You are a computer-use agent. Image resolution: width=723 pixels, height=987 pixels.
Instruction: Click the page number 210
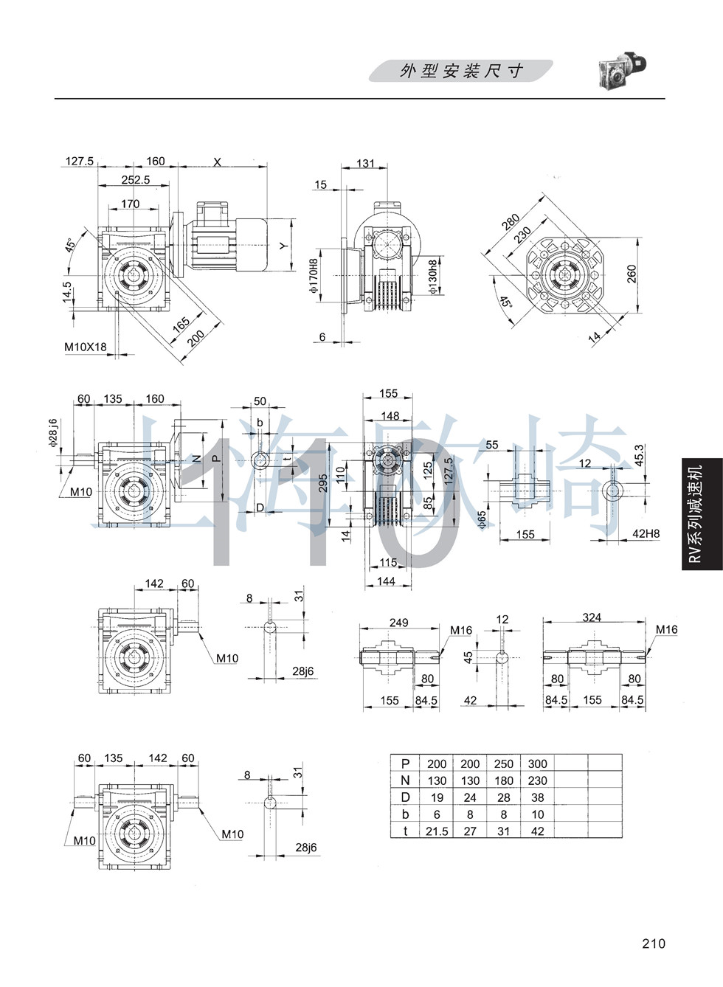(653, 943)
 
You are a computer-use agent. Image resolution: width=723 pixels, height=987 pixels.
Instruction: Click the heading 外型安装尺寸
(461, 71)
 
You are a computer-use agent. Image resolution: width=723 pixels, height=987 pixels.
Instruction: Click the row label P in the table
(405, 763)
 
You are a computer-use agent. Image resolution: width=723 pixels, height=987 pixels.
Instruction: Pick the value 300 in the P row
(537, 763)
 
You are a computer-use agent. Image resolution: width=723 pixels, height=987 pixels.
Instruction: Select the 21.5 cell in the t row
(437, 831)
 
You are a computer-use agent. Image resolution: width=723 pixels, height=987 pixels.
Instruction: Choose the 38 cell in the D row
(537, 797)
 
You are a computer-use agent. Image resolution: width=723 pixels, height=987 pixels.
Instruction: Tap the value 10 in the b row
(537, 814)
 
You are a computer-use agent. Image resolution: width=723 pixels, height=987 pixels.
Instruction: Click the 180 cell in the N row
(504, 780)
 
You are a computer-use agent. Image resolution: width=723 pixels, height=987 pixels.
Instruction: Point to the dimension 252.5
(136, 179)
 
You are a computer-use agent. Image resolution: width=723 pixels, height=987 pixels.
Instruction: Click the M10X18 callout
(85, 347)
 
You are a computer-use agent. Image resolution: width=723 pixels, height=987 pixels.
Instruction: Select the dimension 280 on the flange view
(510, 221)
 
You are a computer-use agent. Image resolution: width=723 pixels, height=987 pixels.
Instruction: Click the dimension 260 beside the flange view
(632, 274)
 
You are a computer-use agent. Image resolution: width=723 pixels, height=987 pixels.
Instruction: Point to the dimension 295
(323, 482)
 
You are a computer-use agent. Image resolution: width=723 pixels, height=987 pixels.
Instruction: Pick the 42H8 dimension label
(646, 533)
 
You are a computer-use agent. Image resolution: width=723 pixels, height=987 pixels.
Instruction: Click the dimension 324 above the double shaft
(592, 617)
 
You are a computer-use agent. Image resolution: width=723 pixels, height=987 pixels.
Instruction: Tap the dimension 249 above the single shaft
(398, 623)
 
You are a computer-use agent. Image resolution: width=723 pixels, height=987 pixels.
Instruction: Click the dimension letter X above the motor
(217, 162)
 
